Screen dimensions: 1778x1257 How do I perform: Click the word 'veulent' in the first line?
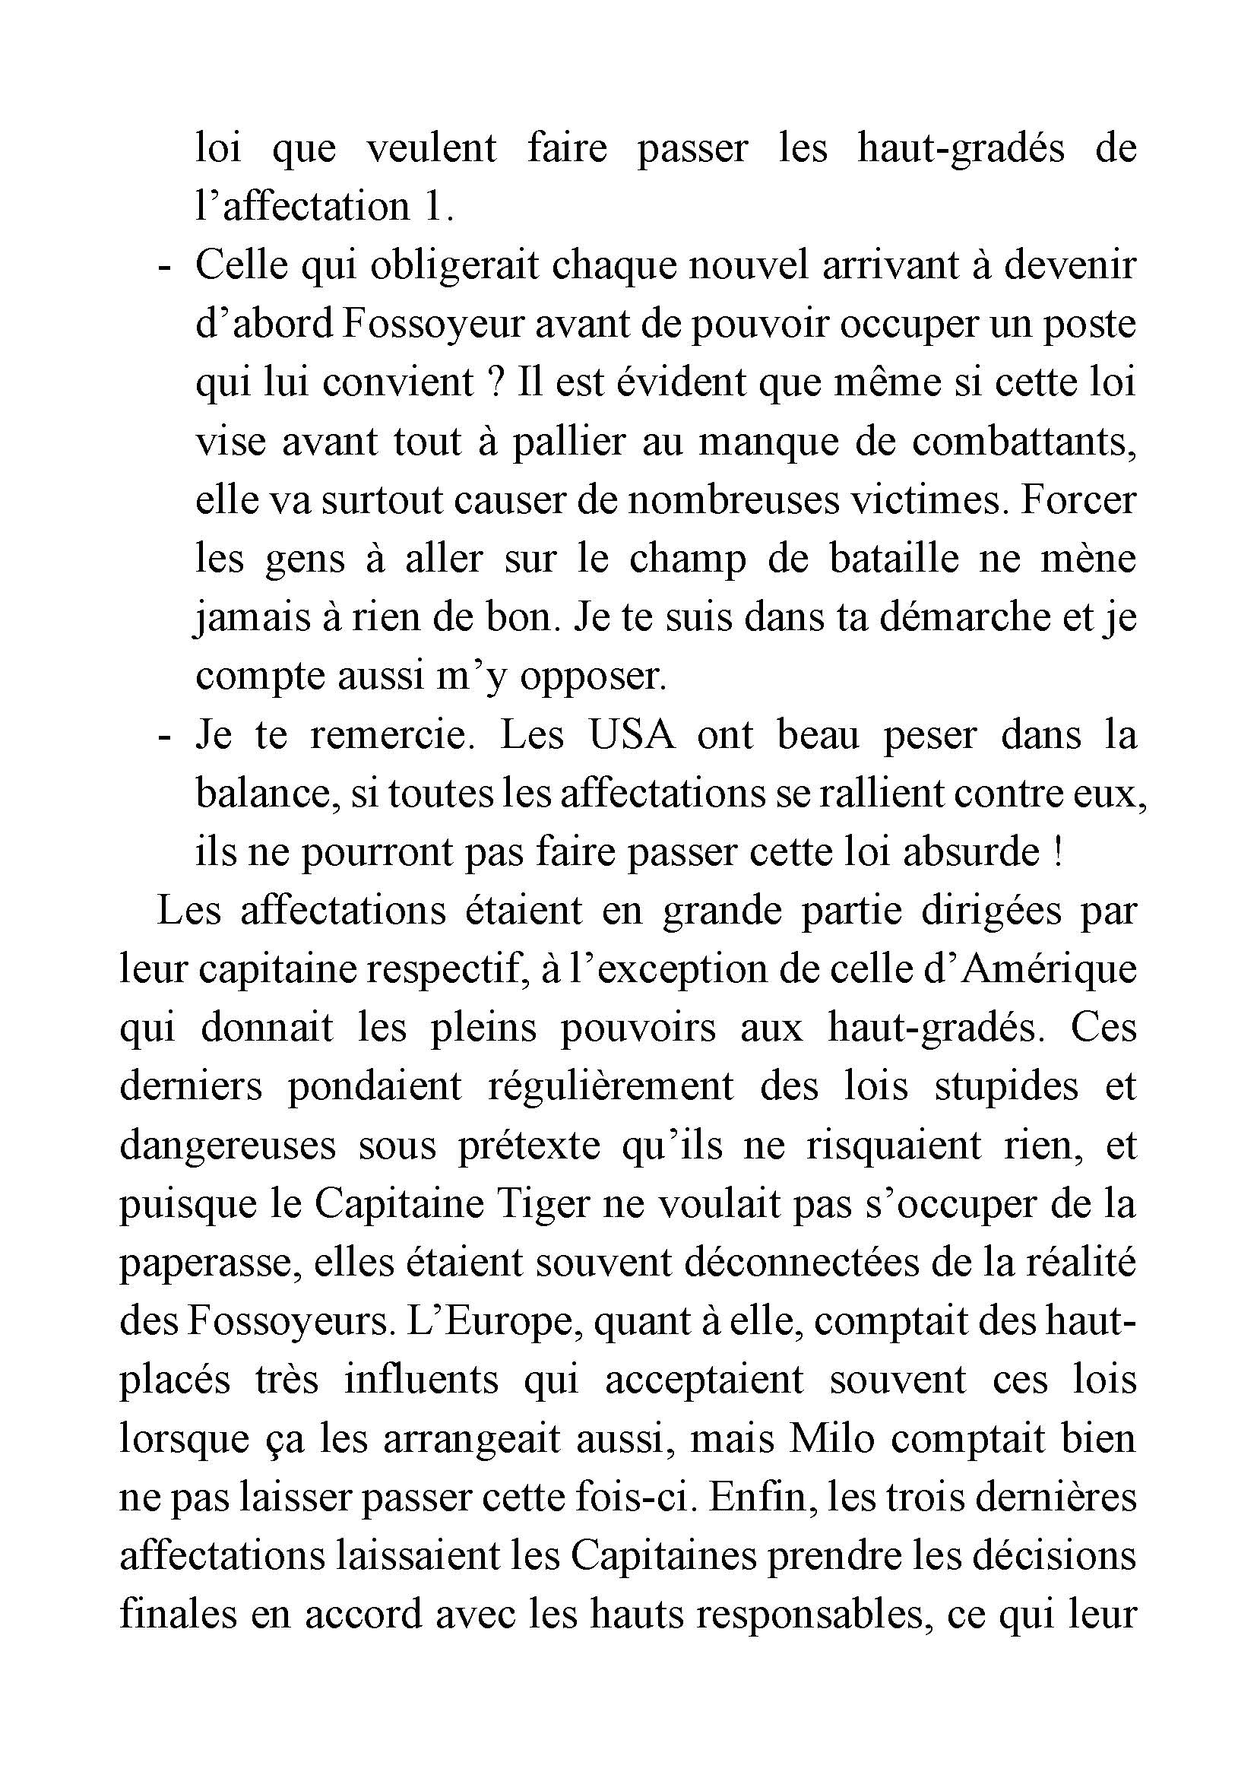pos(430,148)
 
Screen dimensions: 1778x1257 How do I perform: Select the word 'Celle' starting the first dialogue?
pos(242,265)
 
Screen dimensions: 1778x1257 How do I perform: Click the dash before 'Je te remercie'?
pos(163,735)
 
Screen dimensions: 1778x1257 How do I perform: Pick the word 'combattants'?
pos(1023,442)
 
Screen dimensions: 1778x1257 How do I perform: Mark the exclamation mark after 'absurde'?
pos(1057,853)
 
